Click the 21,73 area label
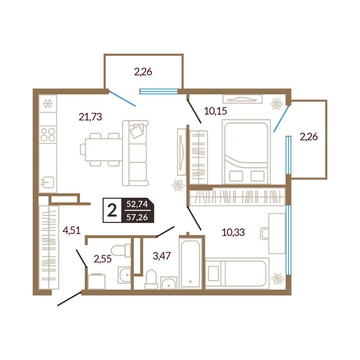tap(90, 117)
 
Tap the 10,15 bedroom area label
tap(215, 111)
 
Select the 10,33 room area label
tap(233, 232)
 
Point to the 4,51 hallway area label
tap(72, 230)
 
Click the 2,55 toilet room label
tap(103, 259)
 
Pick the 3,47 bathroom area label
tap(162, 256)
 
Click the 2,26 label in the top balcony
tap(143, 72)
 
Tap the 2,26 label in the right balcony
tap(309, 137)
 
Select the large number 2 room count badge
tap(112, 210)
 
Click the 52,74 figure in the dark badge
tap(137, 204)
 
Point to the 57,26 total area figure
tap(137, 217)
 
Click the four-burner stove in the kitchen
tap(48, 135)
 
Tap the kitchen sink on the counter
tap(48, 182)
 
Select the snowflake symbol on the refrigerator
tap(48, 104)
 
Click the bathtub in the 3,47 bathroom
tap(190, 263)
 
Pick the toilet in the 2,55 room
tap(120, 251)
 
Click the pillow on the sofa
tap(136, 131)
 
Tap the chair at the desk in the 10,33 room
tap(264, 234)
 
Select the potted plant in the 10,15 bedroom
tap(276, 104)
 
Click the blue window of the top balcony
tap(159, 91)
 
